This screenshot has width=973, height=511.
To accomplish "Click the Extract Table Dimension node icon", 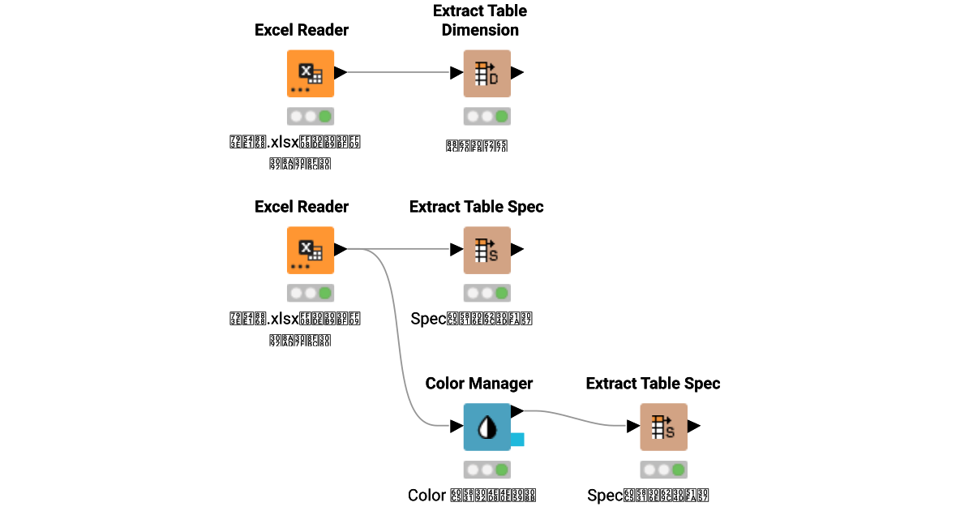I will (486, 73).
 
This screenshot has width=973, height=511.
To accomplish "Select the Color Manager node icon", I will (486, 427).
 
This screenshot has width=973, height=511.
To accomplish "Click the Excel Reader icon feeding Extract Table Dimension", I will (311, 73).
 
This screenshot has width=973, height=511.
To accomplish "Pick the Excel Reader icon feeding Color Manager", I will (311, 250).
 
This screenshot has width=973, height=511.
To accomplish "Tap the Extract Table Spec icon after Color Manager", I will (663, 427).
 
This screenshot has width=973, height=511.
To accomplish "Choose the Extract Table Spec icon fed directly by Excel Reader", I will (486, 250).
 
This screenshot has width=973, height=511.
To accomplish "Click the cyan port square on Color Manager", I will (517, 440).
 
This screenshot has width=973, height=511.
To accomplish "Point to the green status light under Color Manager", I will (501, 470).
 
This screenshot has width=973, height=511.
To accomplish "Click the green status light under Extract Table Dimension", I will (501, 116).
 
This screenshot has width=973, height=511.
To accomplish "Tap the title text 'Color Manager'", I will (478, 383).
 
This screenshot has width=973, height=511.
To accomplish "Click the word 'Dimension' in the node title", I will (480, 30).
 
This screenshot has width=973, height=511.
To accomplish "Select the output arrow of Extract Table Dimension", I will (517, 73).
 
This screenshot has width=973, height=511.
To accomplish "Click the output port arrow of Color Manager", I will (517, 412).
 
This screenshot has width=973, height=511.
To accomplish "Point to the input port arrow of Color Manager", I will (456, 427).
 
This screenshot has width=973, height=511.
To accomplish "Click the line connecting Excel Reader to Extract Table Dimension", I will (397, 73).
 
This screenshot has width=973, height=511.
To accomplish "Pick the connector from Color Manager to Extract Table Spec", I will (576, 417).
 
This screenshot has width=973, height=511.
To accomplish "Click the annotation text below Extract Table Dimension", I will (477, 147).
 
